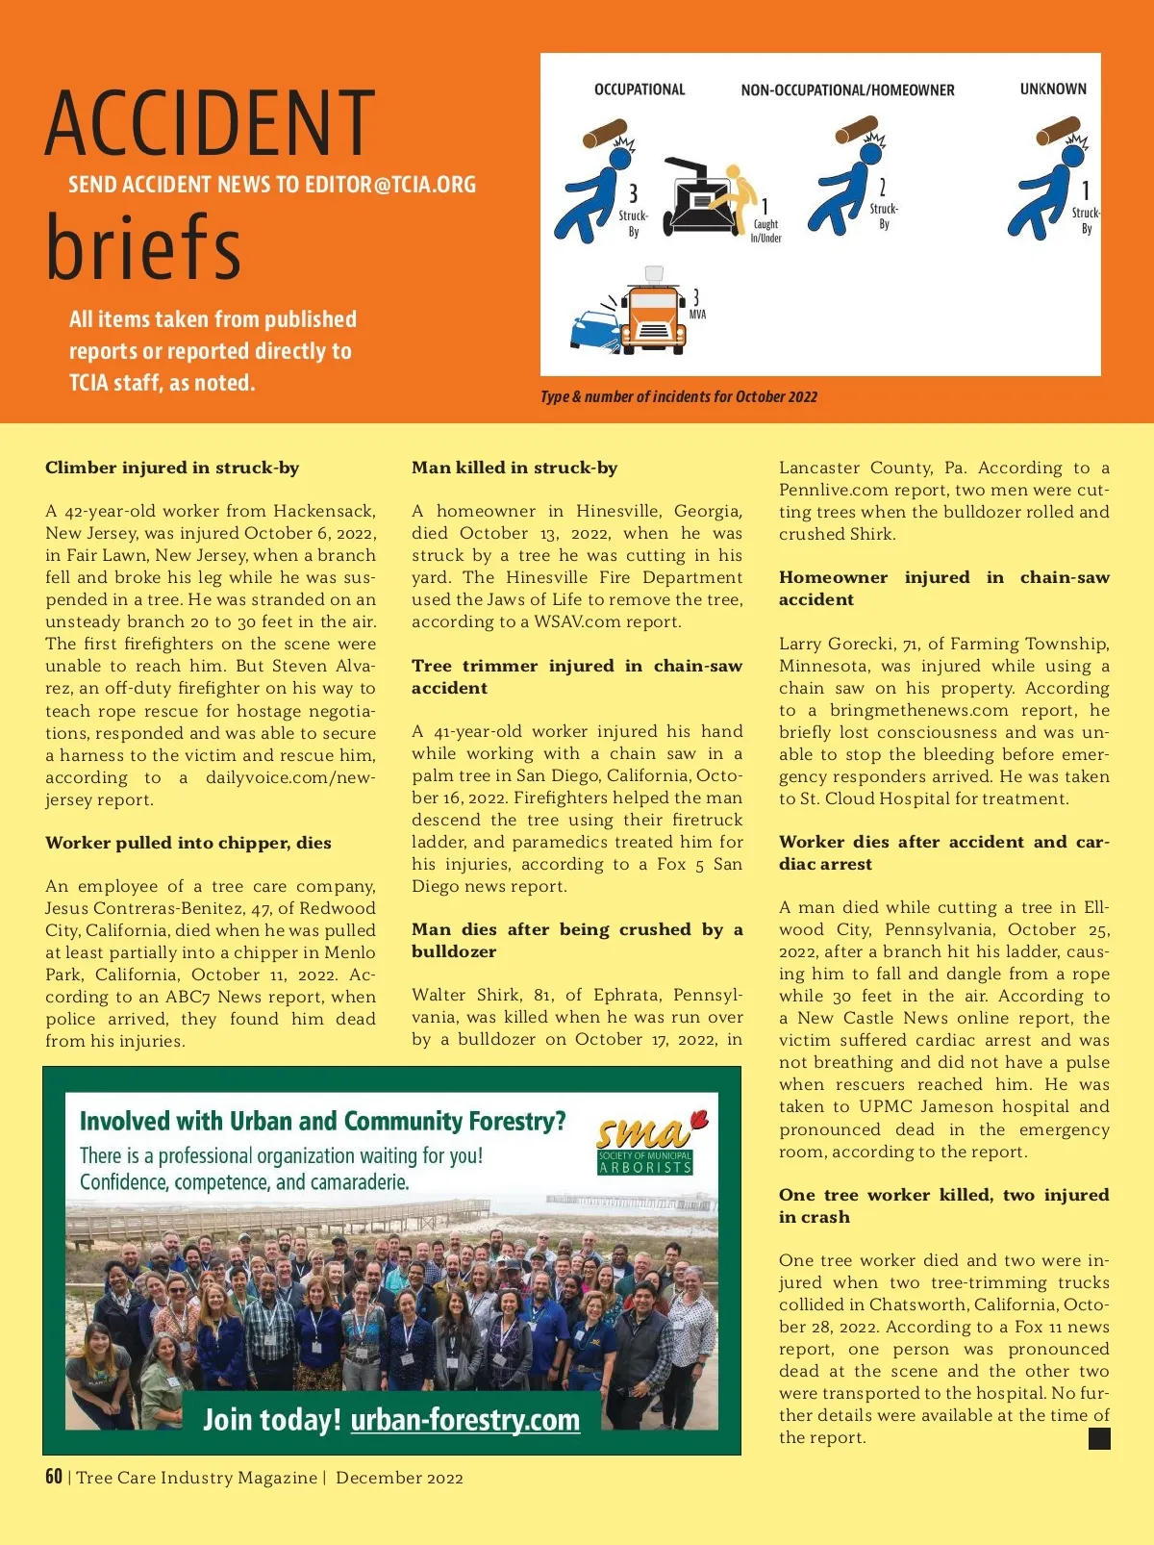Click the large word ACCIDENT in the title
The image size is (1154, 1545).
(210, 123)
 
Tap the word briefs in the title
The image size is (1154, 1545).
(143, 246)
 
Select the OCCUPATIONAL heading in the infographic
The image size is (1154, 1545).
(640, 89)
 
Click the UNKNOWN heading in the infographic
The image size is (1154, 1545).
(1053, 89)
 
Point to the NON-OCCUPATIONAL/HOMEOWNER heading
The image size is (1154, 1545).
(847, 90)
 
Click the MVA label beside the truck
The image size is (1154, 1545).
(697, 315)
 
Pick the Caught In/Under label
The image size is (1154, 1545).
(765, 231)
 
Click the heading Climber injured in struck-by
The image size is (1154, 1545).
(172, 468)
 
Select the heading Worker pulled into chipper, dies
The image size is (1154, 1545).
(188, 843)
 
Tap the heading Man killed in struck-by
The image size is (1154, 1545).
(514, 468)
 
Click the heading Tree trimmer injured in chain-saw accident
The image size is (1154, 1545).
(577, 676)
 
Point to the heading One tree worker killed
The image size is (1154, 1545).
(943, 1205)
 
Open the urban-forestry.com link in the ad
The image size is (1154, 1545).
(465, 1420)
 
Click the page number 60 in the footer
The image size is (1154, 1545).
(54, 1477)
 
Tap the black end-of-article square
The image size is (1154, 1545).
(1099, 1438)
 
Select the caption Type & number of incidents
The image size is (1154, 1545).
(679, 396)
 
